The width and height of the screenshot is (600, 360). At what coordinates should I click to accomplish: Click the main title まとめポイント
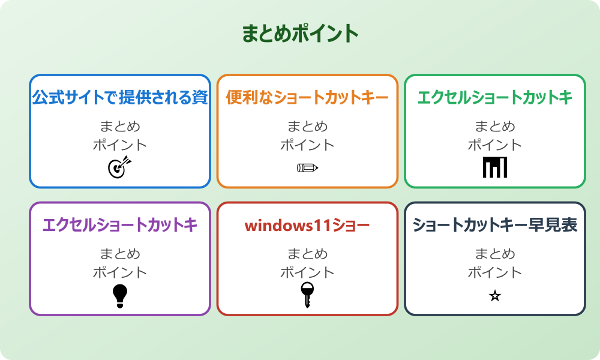(x=300, y=34)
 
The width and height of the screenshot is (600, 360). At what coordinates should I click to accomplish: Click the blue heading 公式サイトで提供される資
(x=120, y=97)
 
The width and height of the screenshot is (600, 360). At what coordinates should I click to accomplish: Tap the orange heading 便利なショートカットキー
(x=307, y=97)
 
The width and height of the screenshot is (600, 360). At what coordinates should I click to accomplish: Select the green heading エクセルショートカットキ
(x=495, y=97)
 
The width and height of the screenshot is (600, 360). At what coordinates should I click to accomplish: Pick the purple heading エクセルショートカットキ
(x=120, y=225)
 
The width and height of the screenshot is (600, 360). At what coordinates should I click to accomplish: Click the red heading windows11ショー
(x=307, y=226)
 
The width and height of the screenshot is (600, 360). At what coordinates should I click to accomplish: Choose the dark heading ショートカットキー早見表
(x=495, y=225)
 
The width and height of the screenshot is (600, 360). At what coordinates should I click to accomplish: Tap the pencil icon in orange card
(x=307, y=167)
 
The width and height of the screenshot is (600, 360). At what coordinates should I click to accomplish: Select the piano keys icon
(x=495, y=167)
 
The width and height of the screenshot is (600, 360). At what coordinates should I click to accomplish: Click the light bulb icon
(x=120, y=296)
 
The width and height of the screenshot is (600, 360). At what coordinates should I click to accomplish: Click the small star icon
(x=495, y=296)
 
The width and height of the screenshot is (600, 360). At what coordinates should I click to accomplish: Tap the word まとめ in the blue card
(x=120, y=127)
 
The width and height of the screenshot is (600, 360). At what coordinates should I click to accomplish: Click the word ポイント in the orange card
(x=307, y=145)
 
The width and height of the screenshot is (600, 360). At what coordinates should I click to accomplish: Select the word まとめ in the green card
(x=495, y=127)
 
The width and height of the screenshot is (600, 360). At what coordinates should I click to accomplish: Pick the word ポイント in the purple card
(x=120, y=272)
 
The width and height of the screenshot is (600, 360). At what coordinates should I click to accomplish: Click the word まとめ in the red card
(x=307, y=254)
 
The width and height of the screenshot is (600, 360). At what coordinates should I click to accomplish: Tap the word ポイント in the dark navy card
(x=495, y=272)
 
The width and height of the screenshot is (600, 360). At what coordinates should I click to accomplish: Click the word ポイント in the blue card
(x=120, y=145)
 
